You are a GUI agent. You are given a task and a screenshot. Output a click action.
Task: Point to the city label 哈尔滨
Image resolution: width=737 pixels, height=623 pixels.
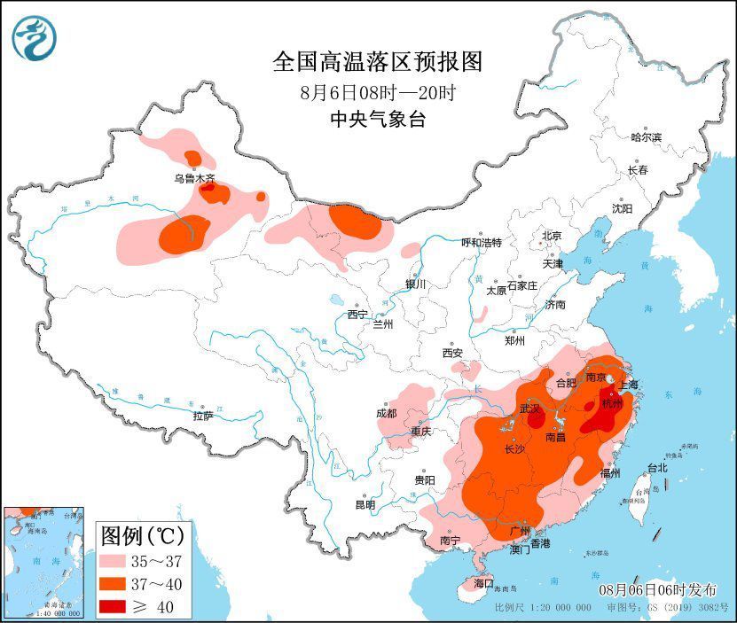tap(646, 137)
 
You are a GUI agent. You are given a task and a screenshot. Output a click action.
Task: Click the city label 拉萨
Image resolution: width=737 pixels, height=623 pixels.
tap(202, 415)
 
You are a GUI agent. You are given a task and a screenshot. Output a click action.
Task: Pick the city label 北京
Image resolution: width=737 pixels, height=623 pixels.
tap(552, 235)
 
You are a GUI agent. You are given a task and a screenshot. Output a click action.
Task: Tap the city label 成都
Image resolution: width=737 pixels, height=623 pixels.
tap(387, 412)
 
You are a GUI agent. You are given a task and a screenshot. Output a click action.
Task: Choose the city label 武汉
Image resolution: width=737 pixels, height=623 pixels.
tap(529, 409)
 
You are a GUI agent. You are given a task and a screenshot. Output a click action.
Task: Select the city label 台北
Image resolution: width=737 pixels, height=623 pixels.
tap(656, 467)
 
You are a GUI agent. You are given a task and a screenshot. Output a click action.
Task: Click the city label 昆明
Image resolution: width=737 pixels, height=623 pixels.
tap(365, 504)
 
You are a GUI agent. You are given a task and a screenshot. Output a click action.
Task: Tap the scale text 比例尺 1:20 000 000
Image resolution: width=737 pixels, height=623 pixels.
tap(543, 609)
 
